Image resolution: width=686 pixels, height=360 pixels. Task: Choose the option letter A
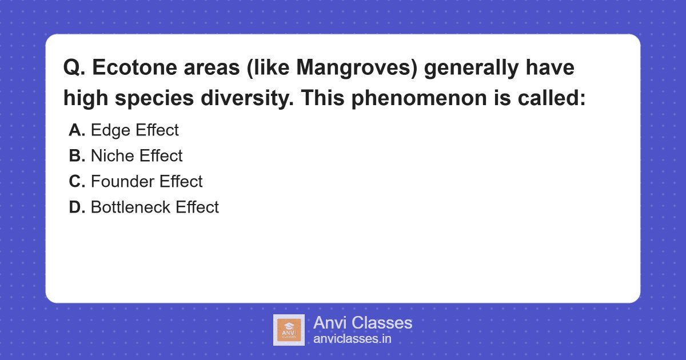(x=77, y=130)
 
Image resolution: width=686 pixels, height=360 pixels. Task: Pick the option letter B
(x=77, y=156)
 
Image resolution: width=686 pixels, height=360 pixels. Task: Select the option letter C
(x=77, y=182)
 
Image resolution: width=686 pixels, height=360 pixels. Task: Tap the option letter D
(x=77, y=207)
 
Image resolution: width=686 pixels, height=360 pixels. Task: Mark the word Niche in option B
(x=113, y=156)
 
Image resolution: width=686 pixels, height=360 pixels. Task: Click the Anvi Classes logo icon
(x=289, y=330)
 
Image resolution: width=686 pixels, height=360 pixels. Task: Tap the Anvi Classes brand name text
(x=362, y=323)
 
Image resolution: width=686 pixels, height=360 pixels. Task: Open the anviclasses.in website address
(x=352, y=339)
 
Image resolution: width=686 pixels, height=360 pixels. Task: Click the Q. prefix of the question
(x=74, y=68)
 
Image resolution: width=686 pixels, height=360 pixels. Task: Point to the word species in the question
(x=153, y=98)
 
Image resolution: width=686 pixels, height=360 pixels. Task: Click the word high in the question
(x=84, y=98)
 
